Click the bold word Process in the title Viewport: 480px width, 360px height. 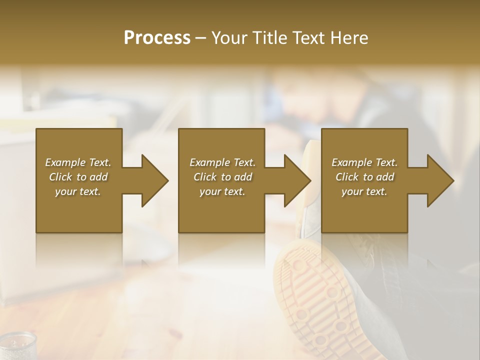click(157, 38)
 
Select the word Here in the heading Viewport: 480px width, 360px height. click(349, 38)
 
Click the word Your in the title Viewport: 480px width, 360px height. click(228, 38)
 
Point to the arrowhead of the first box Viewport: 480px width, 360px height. click(154, 180)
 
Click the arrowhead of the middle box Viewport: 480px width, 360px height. click(297, 180)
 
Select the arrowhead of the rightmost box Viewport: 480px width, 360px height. click(440, 180)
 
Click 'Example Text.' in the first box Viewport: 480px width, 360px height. click(78, 162)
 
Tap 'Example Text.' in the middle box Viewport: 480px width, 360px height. click(222, 162)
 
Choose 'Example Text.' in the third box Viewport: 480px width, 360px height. click(364, 162)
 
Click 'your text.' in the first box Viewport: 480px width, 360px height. click(78, 191)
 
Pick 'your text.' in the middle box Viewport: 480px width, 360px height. click(222, 191)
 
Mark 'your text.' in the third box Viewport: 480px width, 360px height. click(364, 191)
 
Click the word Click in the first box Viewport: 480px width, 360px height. click(60, 177)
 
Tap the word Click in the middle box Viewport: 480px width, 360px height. click(205, 177)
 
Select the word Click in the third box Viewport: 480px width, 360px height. click(347, 177)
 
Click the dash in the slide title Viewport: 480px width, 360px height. click(200, 38)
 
